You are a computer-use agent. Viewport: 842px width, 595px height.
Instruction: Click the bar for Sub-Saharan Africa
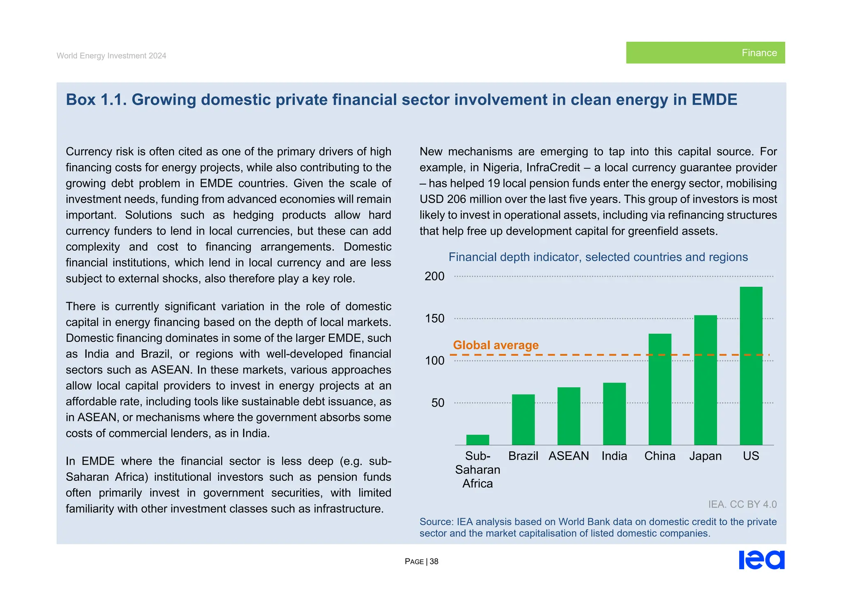(477, 440)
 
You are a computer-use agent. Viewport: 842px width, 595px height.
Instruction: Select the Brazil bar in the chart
(523, 420)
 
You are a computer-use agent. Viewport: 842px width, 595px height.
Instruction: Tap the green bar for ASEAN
(569, 416)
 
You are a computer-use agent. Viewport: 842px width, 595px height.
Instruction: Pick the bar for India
(614, 414)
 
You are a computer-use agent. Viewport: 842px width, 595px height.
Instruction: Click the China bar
(660, 389)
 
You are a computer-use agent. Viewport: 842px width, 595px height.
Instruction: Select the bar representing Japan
(706, 380)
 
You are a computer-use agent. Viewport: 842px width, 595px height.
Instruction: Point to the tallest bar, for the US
(751, 366)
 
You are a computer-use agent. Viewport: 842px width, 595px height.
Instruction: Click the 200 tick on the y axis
(435, 276)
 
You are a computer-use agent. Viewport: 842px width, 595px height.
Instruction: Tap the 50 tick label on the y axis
(438, 403)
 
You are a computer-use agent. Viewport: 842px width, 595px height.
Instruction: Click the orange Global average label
(495, 345)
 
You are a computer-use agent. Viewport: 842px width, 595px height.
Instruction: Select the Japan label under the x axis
(706, 456)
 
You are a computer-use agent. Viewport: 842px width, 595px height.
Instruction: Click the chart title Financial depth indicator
(598, 257)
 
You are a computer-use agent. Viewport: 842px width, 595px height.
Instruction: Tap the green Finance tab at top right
(705, 53)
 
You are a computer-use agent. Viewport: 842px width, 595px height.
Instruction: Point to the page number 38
(434, 562)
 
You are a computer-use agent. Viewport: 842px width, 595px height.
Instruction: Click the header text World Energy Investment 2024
(111, 56)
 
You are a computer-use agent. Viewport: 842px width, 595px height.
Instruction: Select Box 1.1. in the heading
(96, 100)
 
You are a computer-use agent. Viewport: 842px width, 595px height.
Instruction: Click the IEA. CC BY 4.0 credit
(742, 504)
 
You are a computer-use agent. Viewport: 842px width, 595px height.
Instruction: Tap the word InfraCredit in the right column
(553, 168)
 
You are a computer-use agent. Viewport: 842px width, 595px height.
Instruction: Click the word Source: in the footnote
(436, 522)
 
